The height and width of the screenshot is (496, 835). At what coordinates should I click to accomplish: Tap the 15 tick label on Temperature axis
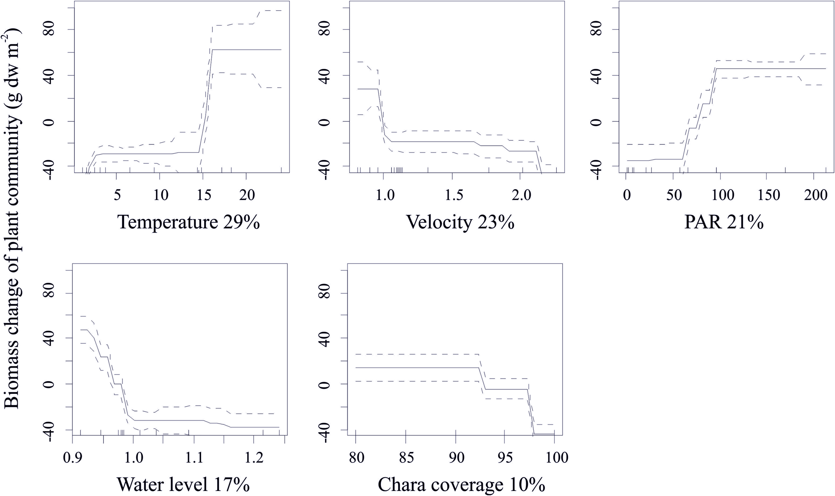(x=202, y=195)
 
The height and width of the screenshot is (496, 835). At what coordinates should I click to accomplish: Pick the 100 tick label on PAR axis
(x=720, y=195)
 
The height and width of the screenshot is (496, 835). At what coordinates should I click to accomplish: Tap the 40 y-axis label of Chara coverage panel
(x=325, y=338)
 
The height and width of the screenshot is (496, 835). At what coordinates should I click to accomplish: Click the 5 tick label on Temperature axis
(x=117, y=195)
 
